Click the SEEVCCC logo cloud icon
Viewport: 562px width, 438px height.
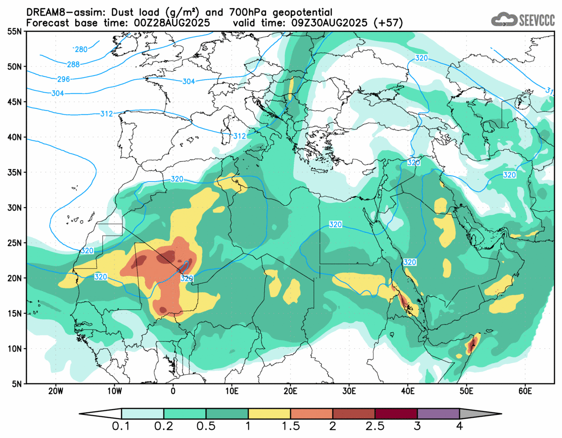coord(504,20)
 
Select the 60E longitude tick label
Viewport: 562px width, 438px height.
coord(525,390)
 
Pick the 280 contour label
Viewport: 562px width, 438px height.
coord(81,49)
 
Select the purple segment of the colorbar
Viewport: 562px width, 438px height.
coord(438,413)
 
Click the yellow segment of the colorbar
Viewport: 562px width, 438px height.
coord(269,413)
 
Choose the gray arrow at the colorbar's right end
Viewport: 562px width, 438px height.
coord(480,413)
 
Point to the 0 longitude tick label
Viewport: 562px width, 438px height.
coord(173,390)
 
